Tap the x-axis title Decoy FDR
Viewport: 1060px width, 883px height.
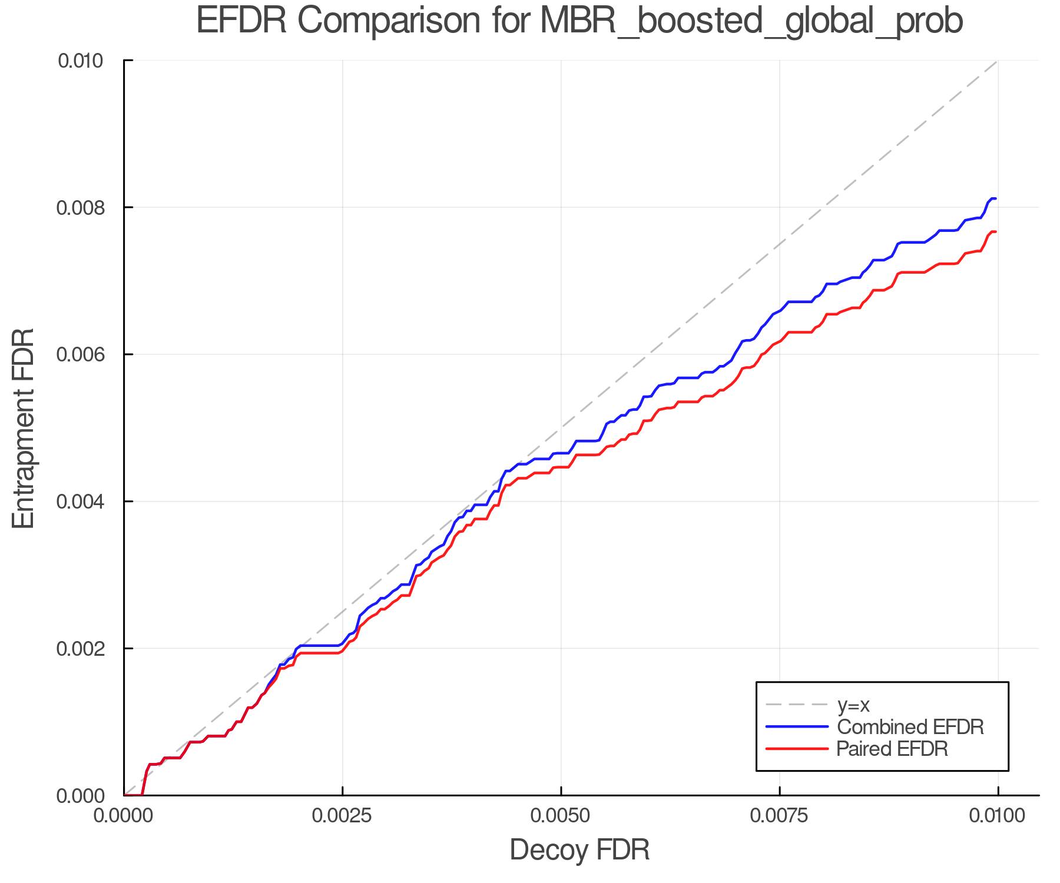tap(579, 850)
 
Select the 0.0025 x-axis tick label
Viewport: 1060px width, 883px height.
tap(343, 816)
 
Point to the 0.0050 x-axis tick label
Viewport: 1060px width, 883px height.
tap(561, 816)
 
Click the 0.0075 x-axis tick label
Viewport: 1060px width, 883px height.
tap(780, 816)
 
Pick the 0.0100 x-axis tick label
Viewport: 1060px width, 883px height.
tap(998, 816)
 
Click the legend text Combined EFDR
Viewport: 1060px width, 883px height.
tap(910, 727)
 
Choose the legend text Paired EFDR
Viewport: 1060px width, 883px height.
tap(892, 749)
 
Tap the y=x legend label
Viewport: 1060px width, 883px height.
tap(853, 705)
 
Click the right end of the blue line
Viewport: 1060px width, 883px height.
tap(995, 198)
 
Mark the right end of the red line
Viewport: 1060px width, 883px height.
tap(995, 232)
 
